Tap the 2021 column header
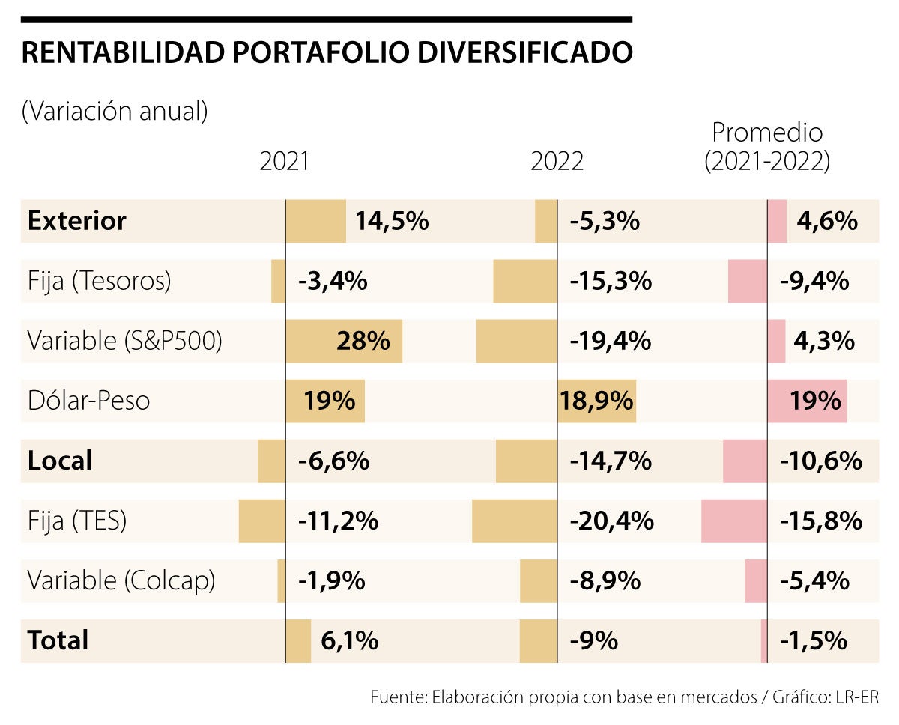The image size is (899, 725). coord(284,161)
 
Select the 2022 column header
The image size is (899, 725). coord(557,161)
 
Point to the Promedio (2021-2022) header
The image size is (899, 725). coord(767,147)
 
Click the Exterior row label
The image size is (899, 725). coord(77,221)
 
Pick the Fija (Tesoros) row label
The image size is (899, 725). coord(100,281)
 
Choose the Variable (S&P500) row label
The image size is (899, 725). coord(125,341)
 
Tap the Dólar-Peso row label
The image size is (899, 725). coord(88,401)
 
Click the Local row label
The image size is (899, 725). coord(60,461)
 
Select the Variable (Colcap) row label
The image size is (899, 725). coord(121,580)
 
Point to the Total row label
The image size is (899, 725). coord(58,640)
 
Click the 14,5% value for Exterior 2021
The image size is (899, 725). coord(392,221)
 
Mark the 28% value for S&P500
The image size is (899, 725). coord(363,341)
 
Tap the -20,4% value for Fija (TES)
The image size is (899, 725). coord(611,521)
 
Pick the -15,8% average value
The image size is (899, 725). coord(821,521)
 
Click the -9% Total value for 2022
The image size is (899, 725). coord(593,640)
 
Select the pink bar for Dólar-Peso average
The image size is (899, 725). coord(807,401)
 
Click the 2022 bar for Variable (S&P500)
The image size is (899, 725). coord(517,341)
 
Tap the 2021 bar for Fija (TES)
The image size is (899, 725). coord(261,521)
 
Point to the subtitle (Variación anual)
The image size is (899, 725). coord(115,112)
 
